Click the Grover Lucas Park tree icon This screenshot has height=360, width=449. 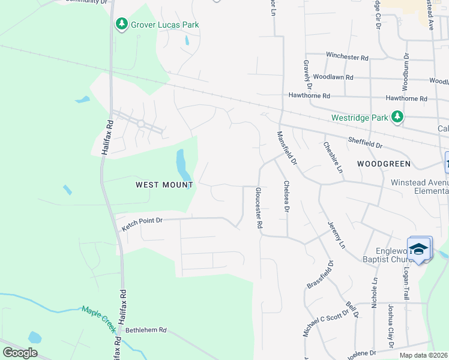[122, 24]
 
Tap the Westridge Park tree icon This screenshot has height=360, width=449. [397, 116]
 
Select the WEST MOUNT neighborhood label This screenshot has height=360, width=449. [164, 185]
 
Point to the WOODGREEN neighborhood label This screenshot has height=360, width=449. [384, 163]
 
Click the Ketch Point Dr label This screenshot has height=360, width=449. [142, 224]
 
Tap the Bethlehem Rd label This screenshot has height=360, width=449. [145, 331]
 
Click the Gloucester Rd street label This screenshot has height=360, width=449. [259, 208]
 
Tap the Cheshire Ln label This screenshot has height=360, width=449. [333, 157]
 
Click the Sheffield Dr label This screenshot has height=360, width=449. [365, 143]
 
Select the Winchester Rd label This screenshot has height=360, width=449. [347, 56]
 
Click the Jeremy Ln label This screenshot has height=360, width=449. [337, 236]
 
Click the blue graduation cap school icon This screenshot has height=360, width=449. [418, 249]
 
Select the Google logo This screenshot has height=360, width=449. [20, 353]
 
